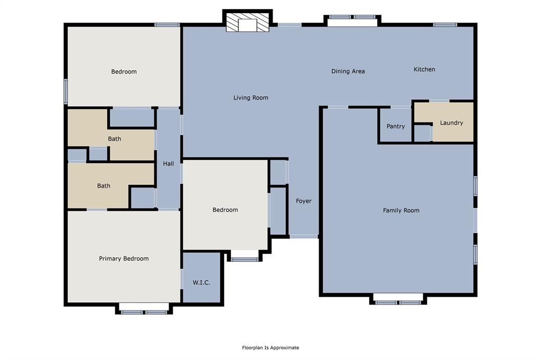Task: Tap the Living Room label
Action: pos(251,98)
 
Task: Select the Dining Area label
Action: pos(348,71)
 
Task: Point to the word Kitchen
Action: pos(424,69)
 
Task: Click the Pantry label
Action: pos(396,126)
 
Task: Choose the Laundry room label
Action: pos(451,122)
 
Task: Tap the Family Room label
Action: pos(401,210)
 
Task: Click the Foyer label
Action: pos(304,201)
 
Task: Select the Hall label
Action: pos(169,164)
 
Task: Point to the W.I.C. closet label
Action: pos(201,282)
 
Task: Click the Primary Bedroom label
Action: pos(124,259)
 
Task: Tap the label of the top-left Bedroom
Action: pos(124,72)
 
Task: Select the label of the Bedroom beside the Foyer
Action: pos(225,210)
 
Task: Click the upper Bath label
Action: pos(115,139)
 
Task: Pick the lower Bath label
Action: pos(104,186)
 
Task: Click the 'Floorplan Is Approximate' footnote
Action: pos(270,347)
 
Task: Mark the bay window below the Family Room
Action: pos(398,300)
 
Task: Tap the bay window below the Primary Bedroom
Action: pos(144,309)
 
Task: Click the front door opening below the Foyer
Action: pos(304,236)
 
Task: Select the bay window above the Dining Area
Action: pos(352,20)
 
